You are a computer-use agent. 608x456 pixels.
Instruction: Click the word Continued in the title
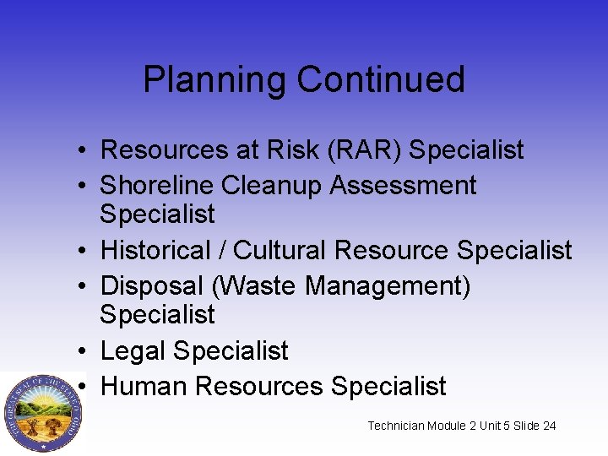[x=381, y=79]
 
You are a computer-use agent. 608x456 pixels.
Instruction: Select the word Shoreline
[x=156, y=186]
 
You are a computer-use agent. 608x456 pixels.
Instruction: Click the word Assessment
[x=404, y=186]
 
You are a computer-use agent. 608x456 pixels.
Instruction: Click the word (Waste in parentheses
[x=256, y=286]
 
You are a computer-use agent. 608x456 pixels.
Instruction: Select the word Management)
[x=388, y=286]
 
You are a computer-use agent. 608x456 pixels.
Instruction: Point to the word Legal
[x=133, y=350]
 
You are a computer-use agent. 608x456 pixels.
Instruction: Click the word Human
[x=144, y=386]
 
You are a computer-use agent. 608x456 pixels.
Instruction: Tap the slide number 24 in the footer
[x=549, y=426]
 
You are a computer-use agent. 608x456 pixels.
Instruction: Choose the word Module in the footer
[x=453, y=426]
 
